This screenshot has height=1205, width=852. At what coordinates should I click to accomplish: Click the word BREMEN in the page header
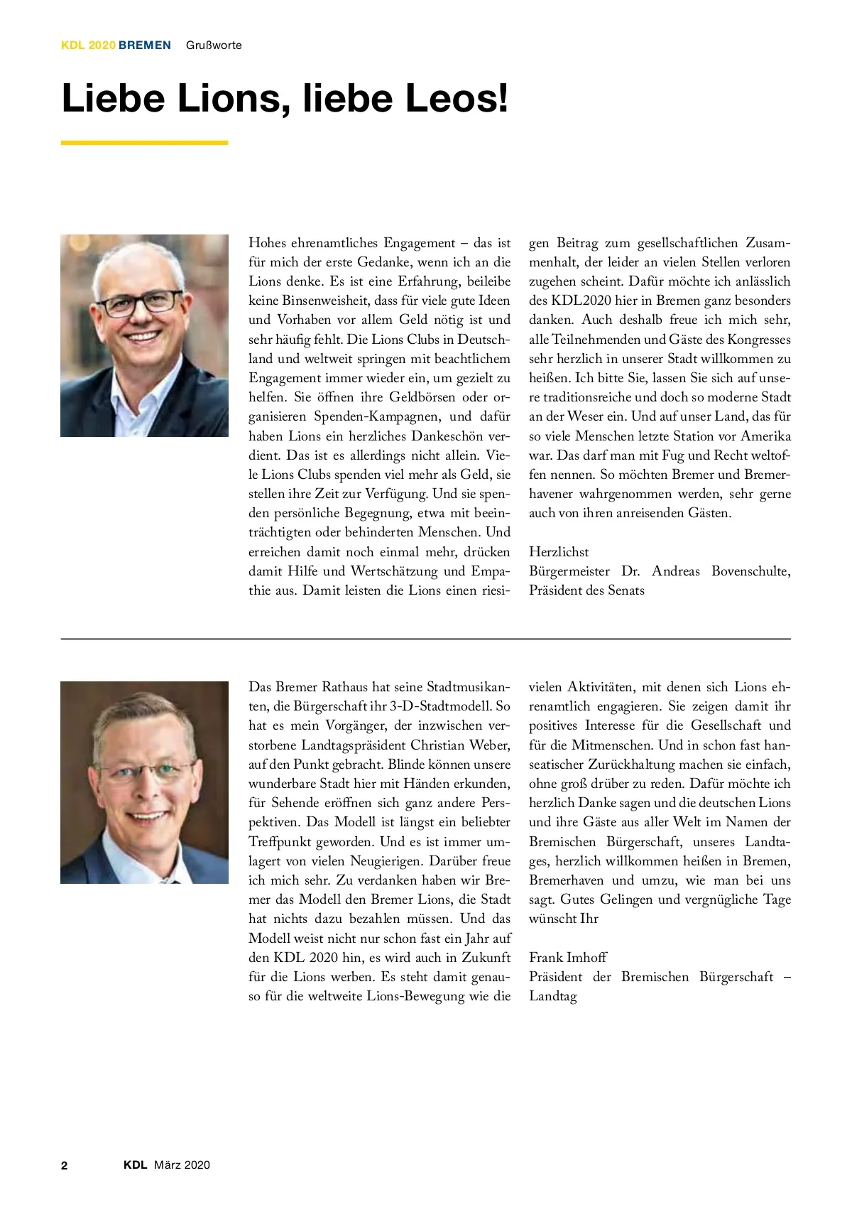click(x=145, y=45)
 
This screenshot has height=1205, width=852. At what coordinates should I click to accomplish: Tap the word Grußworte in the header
click(x=214, y=45)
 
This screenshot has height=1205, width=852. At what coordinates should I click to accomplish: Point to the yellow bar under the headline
click(x=144, y=143)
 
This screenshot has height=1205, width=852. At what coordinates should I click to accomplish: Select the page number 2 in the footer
click(x=65, y=1165)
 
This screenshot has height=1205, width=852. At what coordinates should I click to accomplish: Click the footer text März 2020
click(x=182, y=1165)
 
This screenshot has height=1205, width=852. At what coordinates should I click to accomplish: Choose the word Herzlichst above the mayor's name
click(x=559, y=552)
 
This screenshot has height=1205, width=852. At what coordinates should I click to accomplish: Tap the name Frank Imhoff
click(x=568, y=958)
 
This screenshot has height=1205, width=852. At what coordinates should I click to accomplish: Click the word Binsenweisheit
click(x=322, y=301)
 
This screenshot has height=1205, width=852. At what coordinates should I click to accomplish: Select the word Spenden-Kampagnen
click(x=376, y=416)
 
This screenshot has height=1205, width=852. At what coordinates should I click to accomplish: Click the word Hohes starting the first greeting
click(x=268, y=243)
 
